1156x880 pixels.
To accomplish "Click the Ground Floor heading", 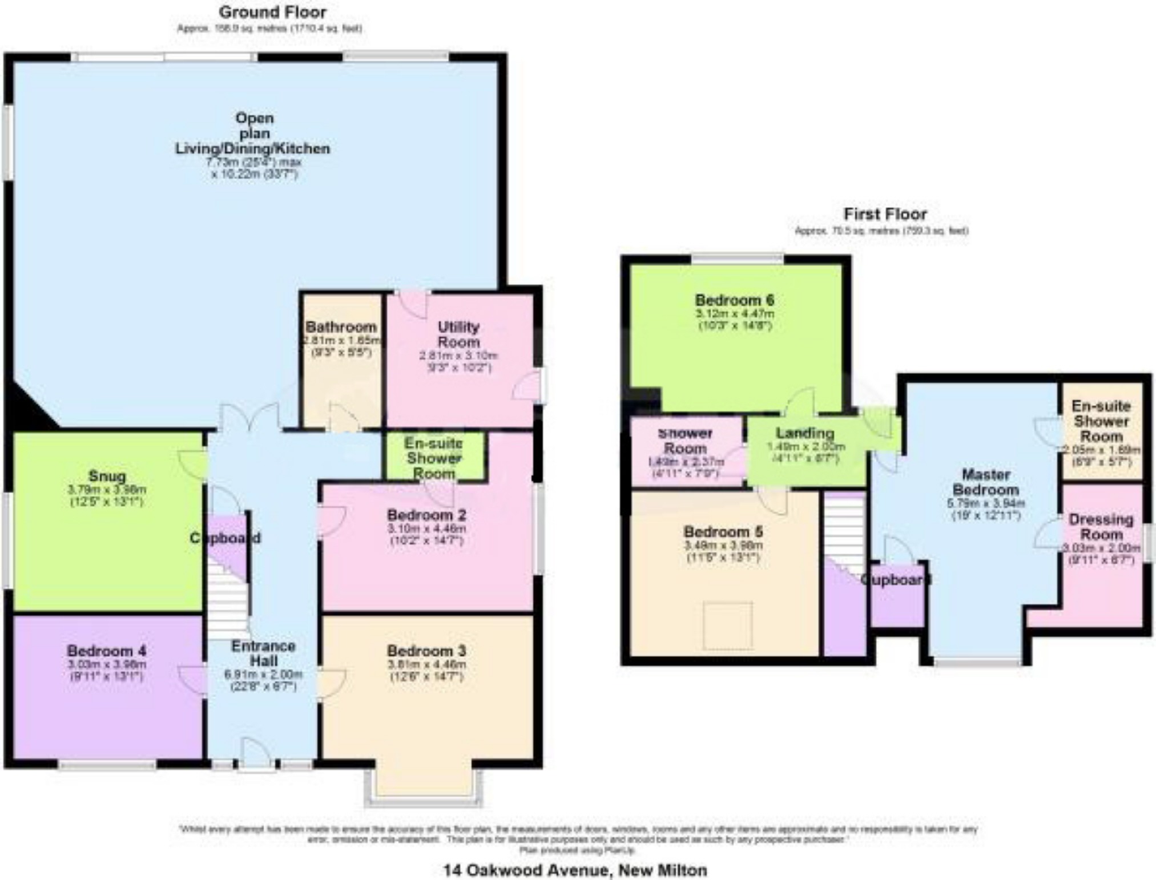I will [x=272, y=12].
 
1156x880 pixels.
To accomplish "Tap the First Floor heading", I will [x=885, y=215].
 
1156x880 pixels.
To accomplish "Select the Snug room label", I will [x=107, y=476].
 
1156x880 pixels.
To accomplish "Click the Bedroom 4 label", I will [x=107, y=651].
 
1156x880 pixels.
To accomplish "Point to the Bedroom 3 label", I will [x=426, y=651].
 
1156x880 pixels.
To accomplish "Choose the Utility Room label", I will [x=458, y=334].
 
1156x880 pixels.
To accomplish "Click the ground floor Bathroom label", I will [x=341, y=327].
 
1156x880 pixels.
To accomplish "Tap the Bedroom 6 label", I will [x=734, y=300].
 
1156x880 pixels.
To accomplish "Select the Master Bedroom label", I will [x=985, y=482].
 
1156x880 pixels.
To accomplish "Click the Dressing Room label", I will [x=1101, y=527].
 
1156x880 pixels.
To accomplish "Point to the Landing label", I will [x=804, y=433].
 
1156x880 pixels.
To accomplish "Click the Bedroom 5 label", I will [x=723, y=532].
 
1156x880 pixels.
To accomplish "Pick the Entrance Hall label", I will [x=263, y=653].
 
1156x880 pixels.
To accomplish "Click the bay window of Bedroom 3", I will [x=424, y=790].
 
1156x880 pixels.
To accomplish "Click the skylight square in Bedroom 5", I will [x=727, y=625].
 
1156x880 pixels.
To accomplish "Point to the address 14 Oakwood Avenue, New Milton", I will [x=575, y=870].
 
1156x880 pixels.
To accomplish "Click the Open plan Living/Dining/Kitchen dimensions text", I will [x=254, y=168].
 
